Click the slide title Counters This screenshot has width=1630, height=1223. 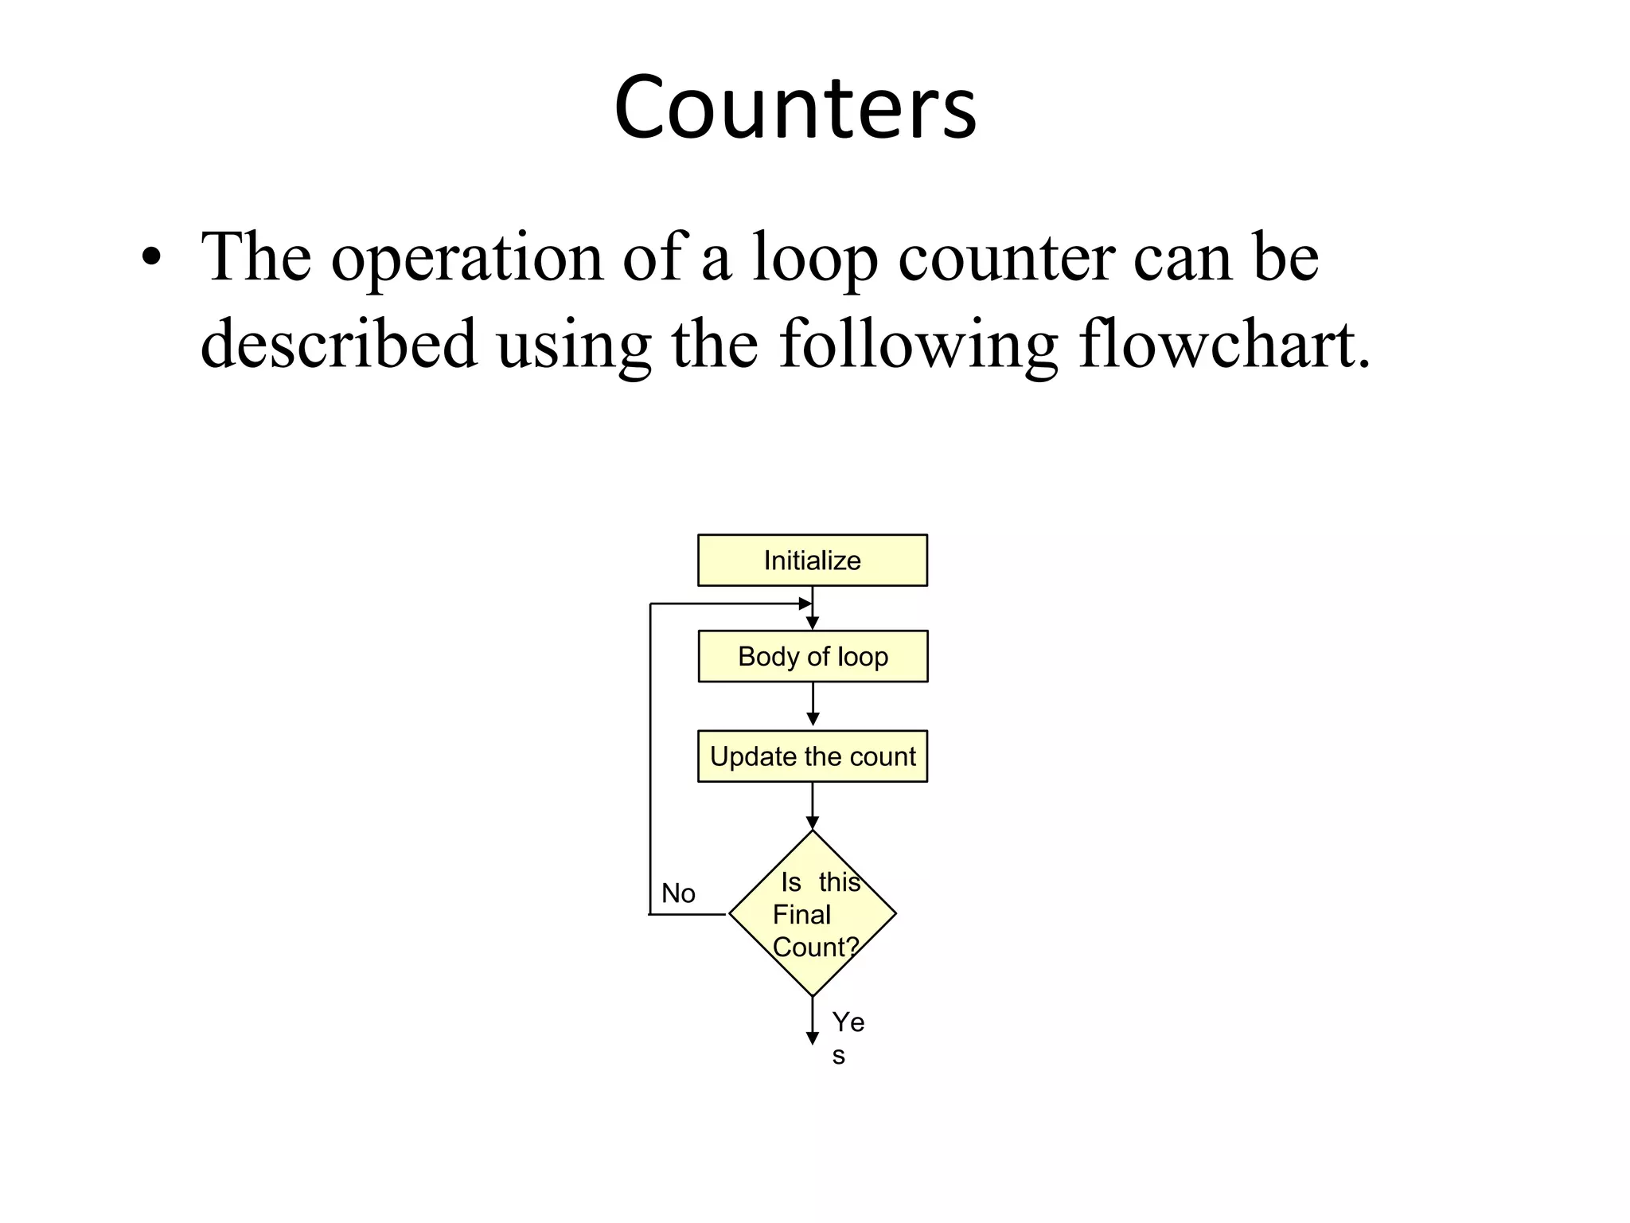click(x=795, y=107)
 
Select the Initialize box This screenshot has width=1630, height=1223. click(x=812, y=561)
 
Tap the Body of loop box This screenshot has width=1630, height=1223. click(x=813, y=656)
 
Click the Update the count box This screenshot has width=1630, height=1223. click(x=812, y=756)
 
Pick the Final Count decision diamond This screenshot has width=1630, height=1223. click(x=813, y=913)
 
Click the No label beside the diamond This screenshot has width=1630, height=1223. click(x=678, y=893)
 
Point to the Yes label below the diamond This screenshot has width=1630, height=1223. click(x=847, y=1037)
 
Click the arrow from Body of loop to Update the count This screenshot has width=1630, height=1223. click(x=813, y=705)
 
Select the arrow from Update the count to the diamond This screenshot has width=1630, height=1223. click(x=813, y=805)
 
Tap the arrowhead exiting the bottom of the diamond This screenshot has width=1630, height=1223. click(x=813, y=1037)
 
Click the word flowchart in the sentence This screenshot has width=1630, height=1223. click(x=1224, y=344)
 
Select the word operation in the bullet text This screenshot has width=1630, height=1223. click(x=467, y=258)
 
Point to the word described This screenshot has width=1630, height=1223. click(x=338, y=344)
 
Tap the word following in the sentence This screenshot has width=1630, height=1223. click(x=918, y=344)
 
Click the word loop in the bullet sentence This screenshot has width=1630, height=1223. click(x=815, y=258)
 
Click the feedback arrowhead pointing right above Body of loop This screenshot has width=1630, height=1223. click(x=805, y=604)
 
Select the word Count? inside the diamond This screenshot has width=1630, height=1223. click(x=816, y=947)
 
